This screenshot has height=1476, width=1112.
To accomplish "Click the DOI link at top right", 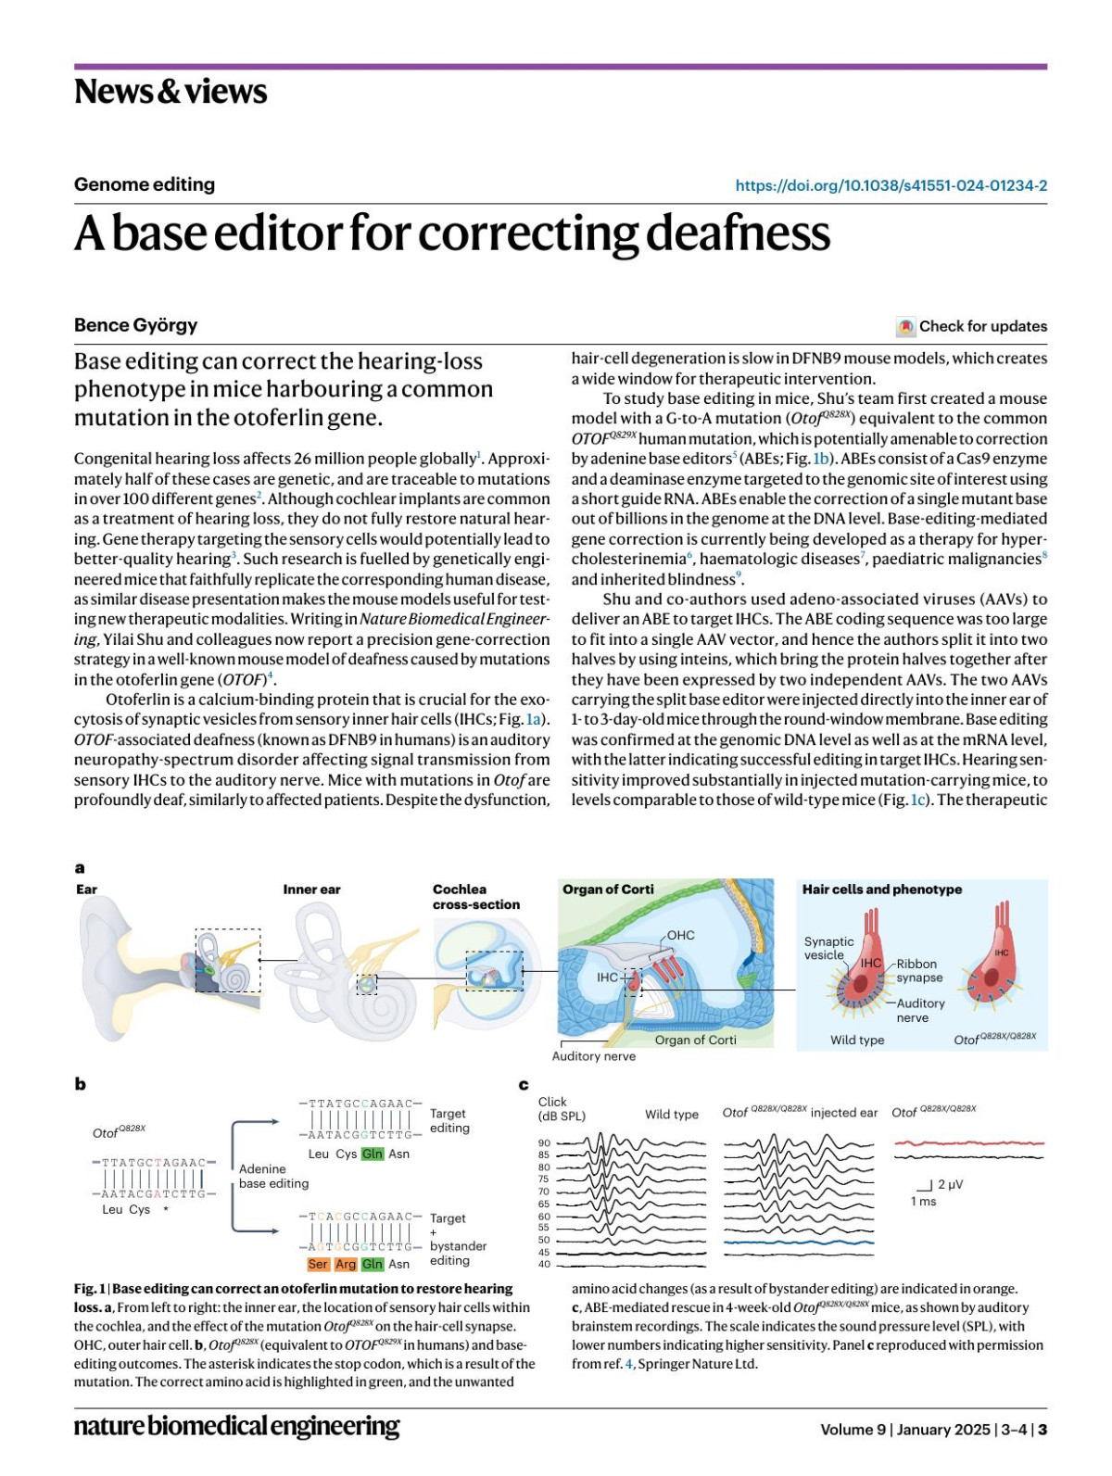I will (x=891, y=185).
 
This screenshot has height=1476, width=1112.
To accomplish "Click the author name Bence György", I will (x=135, y=325).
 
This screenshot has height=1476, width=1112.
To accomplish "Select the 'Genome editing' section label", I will (x=145, y=184).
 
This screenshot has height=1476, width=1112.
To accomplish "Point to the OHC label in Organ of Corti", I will (x=680, y=935).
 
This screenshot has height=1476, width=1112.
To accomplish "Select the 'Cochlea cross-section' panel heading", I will (x=476, y=897).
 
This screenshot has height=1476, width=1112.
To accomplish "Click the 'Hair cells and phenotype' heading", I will (x=881, y=889).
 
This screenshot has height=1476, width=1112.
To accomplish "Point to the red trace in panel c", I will (x=968, y=1143).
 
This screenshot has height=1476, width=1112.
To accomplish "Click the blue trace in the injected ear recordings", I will (x=798, y=1242).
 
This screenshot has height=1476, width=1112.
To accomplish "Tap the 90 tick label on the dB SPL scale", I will (x=544, y=1143).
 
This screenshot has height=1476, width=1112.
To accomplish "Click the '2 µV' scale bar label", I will (x=950, y=1184).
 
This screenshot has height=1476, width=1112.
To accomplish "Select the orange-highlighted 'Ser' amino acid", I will (x=318, y=1264).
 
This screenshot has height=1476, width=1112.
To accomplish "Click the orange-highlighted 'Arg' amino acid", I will (x=345, y=1264).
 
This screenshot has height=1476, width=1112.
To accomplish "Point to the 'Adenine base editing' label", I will (x=273, y=1176).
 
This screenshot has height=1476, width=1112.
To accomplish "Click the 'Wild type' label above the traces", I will (x=671, y=1114).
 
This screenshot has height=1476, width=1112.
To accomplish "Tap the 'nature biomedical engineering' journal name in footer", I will (x=236, y=1425).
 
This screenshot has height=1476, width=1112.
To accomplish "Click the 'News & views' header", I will (x=171, y=92).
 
